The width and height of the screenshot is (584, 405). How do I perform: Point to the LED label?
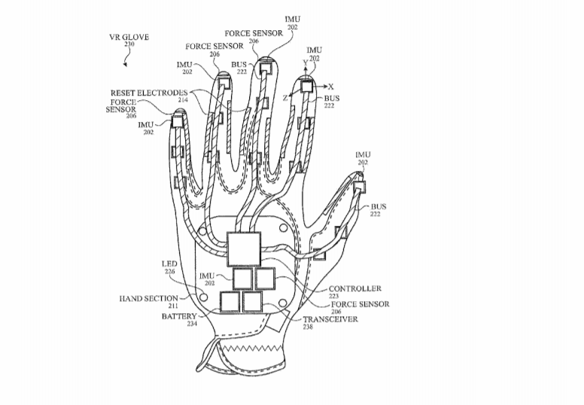pyautogui.click(x=169, y=263)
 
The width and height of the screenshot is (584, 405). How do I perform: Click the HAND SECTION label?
pyautogui.click(x=148, y=299)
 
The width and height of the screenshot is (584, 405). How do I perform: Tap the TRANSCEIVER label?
pyautogui.click(x=330, y=319)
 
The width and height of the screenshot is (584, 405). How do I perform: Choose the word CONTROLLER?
pyautogui.click(x=354, y=288)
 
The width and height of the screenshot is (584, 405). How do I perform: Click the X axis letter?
pyautogui.click(x=330, y=87)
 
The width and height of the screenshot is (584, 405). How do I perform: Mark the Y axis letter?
pyautogui.click(x=306, y=62)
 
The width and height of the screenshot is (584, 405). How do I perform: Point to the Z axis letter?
pyautogui.click(x=284, y=98)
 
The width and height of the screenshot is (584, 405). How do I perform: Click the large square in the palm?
pyautogui.click(x=243, y=247)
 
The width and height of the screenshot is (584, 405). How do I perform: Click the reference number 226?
pyautogui.click(x=169, y=272)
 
